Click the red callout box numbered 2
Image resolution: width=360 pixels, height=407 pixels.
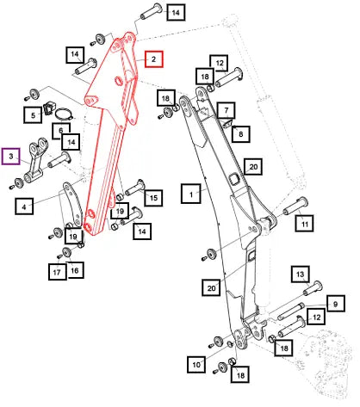tap(153, 59)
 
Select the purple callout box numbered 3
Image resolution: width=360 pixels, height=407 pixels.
tap(11, 157)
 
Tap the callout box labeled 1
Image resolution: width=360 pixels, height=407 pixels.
tap(191, 194)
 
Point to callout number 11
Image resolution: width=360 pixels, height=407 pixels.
tap(304, 223)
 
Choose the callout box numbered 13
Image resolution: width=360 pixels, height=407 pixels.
tap(301, 274)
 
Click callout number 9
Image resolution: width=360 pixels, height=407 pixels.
tap(335, 304)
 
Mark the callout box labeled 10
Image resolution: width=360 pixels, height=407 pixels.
tap(196, 364)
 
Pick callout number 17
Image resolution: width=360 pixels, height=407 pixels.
tap(57, 271)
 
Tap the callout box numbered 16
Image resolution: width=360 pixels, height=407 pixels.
tap(75, 270)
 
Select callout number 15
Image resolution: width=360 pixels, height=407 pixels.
tap(153, 197)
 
